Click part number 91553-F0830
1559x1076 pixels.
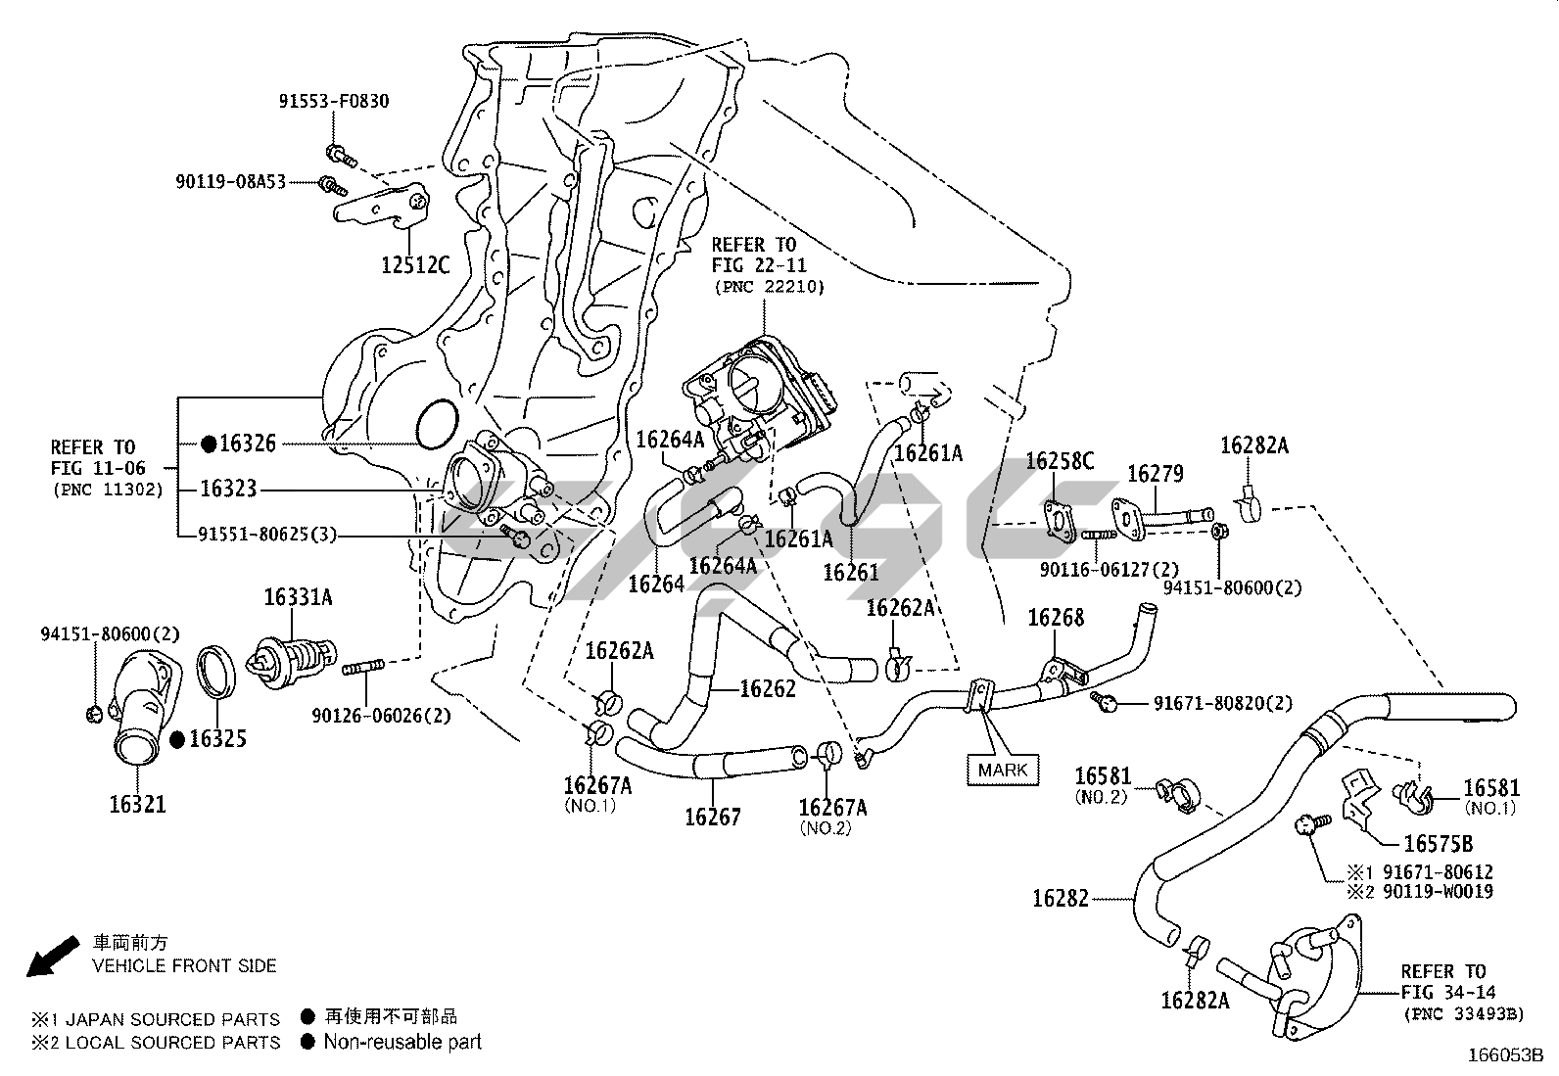click(x=332, y=101)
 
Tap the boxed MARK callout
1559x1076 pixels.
click(x=1003, y=770)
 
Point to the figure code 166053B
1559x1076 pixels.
click(x=1504, y=1055)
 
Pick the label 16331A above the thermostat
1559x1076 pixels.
click(x=298, y=597)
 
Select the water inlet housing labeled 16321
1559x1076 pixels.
click(x=137, y=720)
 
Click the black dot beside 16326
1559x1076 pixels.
click(x=209, y=444)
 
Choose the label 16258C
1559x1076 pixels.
click(x=1060, y=462)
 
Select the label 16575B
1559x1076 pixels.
click(x=1438, y=844)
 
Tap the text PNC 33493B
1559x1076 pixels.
click(x=1463, y=1013)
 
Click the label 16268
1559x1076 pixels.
click(x=1056, y=618)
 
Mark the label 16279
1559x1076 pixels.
click(x=1155, y=474)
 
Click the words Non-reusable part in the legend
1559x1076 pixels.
click(x=402, y=1042)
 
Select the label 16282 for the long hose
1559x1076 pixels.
click(x=1060, y=898)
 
